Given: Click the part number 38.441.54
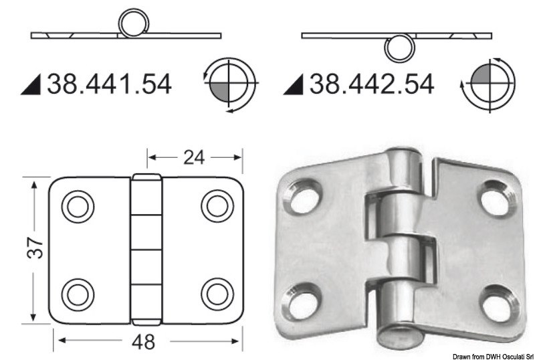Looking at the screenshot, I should pos(108,84).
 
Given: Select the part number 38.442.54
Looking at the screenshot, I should pos(370,84).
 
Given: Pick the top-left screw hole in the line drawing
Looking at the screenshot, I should pos(78,206).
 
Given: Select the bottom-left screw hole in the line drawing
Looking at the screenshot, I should pos(78,292).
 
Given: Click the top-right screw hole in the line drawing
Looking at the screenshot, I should pos(217,205).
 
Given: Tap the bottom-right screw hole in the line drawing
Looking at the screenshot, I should pos(217,292).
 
